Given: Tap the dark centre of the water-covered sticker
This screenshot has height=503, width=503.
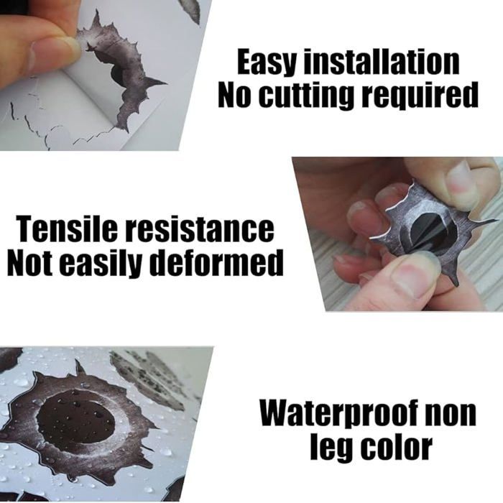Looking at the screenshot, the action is [x=75, y=417].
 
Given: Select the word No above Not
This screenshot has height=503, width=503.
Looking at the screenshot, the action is [x=236, y=96].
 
